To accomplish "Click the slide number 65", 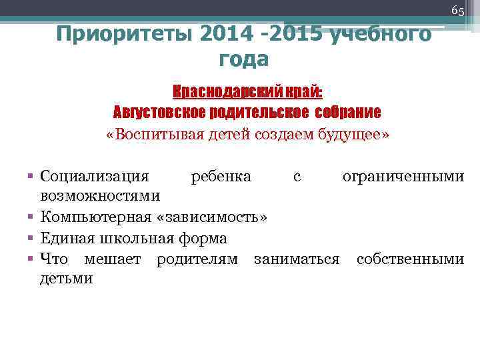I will pyautogui.click(x=457, y=11).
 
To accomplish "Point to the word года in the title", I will pyautogui.click(x=243, y=59).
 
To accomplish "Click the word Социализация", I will pyautogui.click(x=95, y=177).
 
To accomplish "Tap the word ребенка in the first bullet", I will pyautogui.click(x=221, y=177).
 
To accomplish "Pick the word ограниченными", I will pyautogui.click(x=403, y=177).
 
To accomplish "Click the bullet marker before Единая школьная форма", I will pyautogui.click(x=31, y=238).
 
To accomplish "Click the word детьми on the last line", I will pyautogui.click(x=67, y=279).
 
